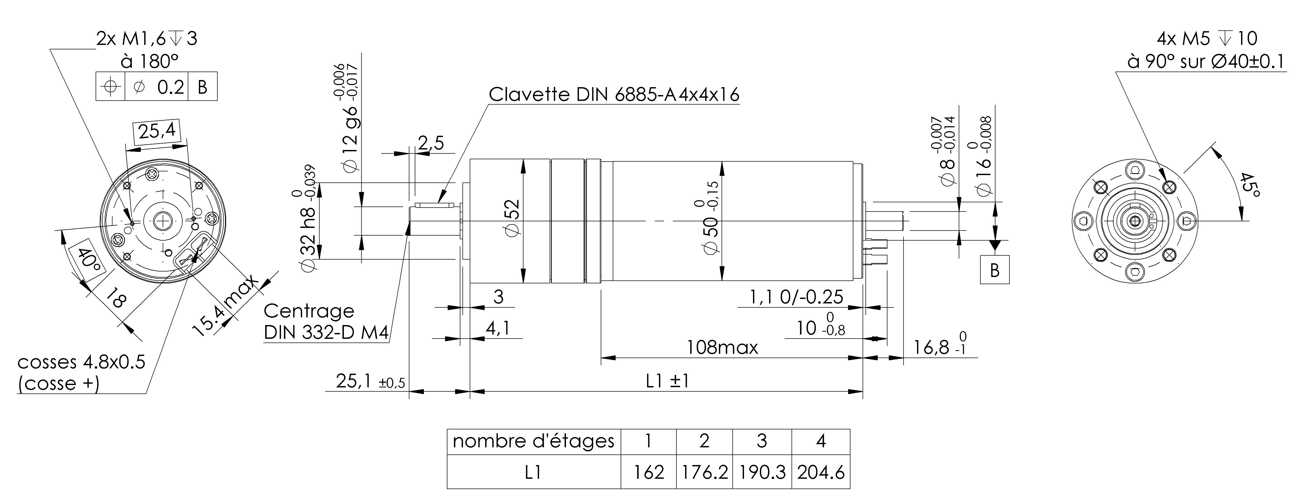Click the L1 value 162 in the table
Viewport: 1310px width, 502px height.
[648, 472]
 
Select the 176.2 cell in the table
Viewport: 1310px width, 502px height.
[704, 472]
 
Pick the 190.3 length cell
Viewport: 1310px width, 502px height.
[762, 472]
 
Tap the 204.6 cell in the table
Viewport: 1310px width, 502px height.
[821, 472]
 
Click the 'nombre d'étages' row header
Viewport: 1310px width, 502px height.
[534, 441]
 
